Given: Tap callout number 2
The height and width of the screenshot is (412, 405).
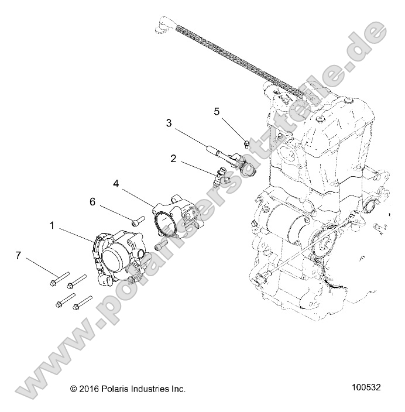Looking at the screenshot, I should [x=173, y=158].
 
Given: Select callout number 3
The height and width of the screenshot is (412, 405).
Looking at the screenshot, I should [x=169, y=123].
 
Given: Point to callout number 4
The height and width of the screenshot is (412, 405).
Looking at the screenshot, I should [x=116, y=183].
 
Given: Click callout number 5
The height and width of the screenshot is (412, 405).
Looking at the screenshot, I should [x=216, y=111].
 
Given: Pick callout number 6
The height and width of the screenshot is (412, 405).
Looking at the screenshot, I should [x=92, y=201].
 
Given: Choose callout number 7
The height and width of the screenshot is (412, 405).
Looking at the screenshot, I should [x=18, y=255].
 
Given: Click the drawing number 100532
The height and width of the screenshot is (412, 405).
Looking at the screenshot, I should [x=366, y=387].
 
